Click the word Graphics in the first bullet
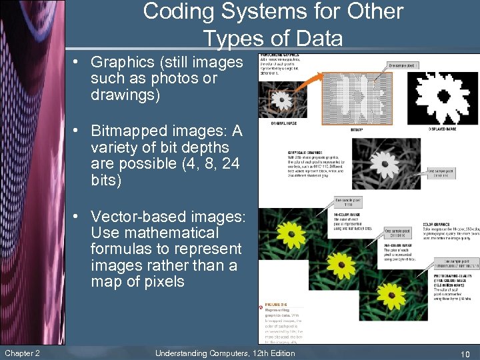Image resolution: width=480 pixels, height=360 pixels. coord(127,63)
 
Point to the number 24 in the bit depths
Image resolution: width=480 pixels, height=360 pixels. coord(223,164)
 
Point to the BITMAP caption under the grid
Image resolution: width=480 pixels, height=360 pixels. coord(357,130)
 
